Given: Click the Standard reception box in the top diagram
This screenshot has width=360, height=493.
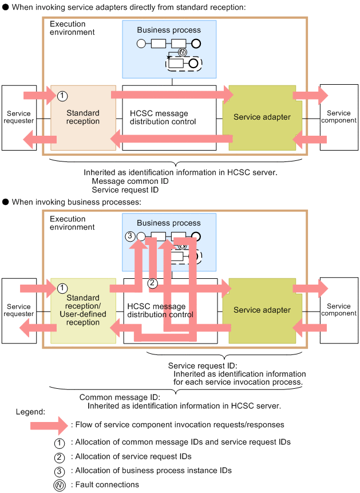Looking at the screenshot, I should click(83, 117).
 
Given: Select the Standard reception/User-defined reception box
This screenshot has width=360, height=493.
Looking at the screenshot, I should click(83, 310).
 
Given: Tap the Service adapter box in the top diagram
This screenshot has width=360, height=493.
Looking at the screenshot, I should click(262, 117).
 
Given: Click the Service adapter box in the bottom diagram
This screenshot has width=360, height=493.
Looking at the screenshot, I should click(262, 310).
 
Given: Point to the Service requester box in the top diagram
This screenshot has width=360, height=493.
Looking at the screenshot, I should click(19, 117).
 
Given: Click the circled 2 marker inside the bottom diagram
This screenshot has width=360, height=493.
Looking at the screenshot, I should click(152, 283).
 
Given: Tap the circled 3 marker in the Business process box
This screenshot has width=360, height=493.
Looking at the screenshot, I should click(130, 235).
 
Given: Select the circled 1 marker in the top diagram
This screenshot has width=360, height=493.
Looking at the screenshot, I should click(64, 96).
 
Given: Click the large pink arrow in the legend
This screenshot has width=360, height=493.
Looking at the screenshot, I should click(49, 425).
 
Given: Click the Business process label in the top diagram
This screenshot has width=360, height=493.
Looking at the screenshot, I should click(169, 30).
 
